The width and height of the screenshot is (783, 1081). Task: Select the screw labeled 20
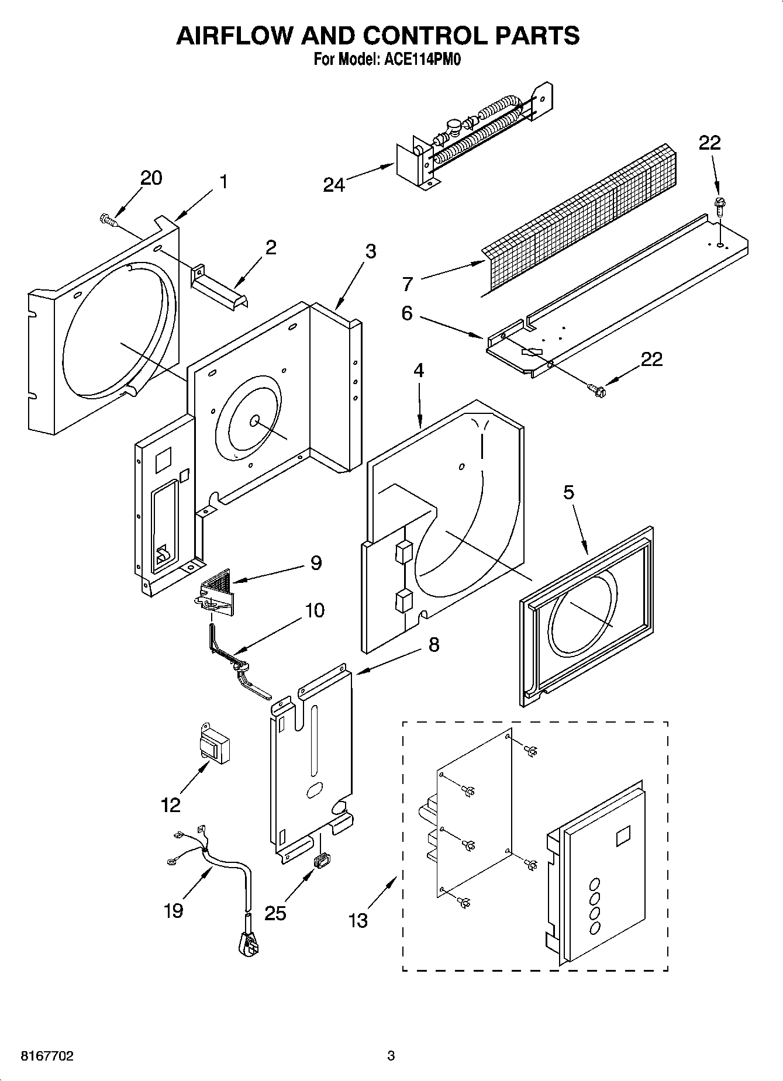(x=108, y=219)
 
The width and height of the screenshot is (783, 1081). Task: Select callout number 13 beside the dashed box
(x=358, y=920)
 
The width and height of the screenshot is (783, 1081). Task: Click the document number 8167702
(x=39, y=1056)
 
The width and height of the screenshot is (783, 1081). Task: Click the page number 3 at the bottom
(x=391, y=1056)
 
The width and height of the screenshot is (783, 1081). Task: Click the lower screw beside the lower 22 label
(x=595, y=386)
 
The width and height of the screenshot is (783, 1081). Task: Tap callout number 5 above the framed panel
(x=568, y=492)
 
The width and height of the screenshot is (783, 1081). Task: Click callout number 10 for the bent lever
(x=315, y=611)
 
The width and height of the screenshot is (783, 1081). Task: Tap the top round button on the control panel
(x=595, y=884)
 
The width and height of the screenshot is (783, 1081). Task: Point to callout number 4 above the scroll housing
(x=418, y=370)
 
